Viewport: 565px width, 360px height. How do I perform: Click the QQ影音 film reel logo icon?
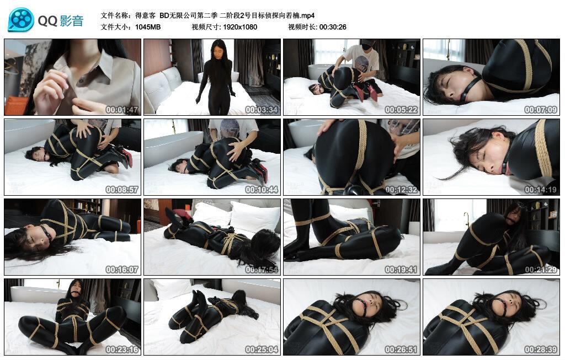coord(21,20)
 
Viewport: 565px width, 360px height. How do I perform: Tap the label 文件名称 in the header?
coord(115,15)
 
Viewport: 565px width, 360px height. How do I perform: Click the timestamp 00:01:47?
coord(122,110)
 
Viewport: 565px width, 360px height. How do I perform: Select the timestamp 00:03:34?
coord(262,110)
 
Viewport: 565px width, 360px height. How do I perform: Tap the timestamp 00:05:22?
coord(401,110)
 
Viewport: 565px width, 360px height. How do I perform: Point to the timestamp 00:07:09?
coord(541,110)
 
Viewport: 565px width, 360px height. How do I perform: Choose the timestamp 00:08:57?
coord(122,190)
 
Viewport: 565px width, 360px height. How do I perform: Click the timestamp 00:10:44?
coord(262,190)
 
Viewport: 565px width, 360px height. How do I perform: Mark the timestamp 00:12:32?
coord(401,190)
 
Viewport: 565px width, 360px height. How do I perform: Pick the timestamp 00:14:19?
coord(541,190)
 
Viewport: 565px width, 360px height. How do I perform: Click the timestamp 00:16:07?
coord(122,270)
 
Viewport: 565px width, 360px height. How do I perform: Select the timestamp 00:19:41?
coord(401,270)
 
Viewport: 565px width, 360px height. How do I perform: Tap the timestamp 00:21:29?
coord(541,270)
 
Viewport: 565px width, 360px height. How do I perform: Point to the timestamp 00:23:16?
coord(122,350)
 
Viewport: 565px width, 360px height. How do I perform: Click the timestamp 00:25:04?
coord(262,350)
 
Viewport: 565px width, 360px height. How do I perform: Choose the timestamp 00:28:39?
coord(541,350)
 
